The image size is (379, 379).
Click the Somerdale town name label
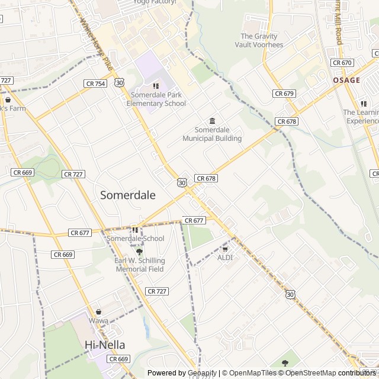(x=128, y=195)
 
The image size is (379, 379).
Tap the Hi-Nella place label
(x=109, y=345)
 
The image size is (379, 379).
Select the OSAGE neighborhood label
(x=346, y=80)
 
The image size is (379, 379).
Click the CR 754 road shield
(x=95, y=83)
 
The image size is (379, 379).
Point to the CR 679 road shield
(x=284, y=94)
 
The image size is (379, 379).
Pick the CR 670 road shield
(x=342, y=62)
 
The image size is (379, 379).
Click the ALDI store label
(x=225, y=258)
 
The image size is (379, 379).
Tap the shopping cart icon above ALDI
(x=225, y=248)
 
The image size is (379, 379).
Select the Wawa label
(x=99, y=321)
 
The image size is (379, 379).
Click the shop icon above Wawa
(x=99, y=311)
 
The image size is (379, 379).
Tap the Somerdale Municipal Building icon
(x=212, y=121)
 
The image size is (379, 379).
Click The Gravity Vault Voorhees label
(x=259, y=40)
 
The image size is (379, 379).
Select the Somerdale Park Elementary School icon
(x=156, y=86)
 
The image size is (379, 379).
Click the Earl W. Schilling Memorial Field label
(x=140, y=265)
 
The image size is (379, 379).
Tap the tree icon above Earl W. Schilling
(x=140, y=252)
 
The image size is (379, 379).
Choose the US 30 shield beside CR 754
(x=120, y=83)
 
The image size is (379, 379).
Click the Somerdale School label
(x=136, y=239)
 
